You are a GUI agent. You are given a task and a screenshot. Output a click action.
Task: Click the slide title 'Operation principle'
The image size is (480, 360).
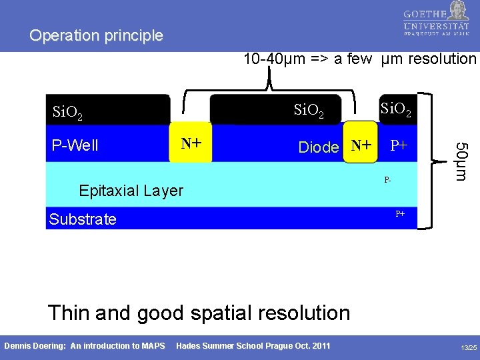pyautogui.click(x=96, y=36)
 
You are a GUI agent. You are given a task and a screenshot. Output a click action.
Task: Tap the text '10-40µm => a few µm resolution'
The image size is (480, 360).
pyautogui.click(x=360, y=59)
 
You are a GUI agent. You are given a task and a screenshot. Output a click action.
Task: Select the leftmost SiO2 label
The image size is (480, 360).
pyautogui.click(x=68, y=113)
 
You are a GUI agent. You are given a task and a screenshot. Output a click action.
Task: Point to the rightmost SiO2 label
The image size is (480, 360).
pyautogui.click(x=395, y=107)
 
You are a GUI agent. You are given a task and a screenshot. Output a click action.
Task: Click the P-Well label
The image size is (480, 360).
pyautogui.click(x=75, y=145)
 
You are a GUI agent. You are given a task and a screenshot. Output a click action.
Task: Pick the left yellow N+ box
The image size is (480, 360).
pyautogui.click(x=191, y=143)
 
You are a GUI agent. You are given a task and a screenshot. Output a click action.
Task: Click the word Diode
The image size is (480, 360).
pyautogui.click(x=319, y=147)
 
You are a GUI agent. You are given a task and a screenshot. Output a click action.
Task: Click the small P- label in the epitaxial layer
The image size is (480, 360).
pyautogui.click(x=387, y=180)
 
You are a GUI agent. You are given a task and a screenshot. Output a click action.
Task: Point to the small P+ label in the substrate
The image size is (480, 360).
pyautogui.click(x=400, y=214)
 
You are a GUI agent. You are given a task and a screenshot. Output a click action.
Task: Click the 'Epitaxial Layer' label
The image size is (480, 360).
pyautogui.click(x=131, y=191)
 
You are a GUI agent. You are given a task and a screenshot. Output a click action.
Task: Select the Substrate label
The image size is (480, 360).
pyautogui.click(x=83, y=219)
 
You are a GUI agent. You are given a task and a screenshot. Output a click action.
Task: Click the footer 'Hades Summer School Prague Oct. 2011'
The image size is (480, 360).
pyautogui.click(x=253, y=345)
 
